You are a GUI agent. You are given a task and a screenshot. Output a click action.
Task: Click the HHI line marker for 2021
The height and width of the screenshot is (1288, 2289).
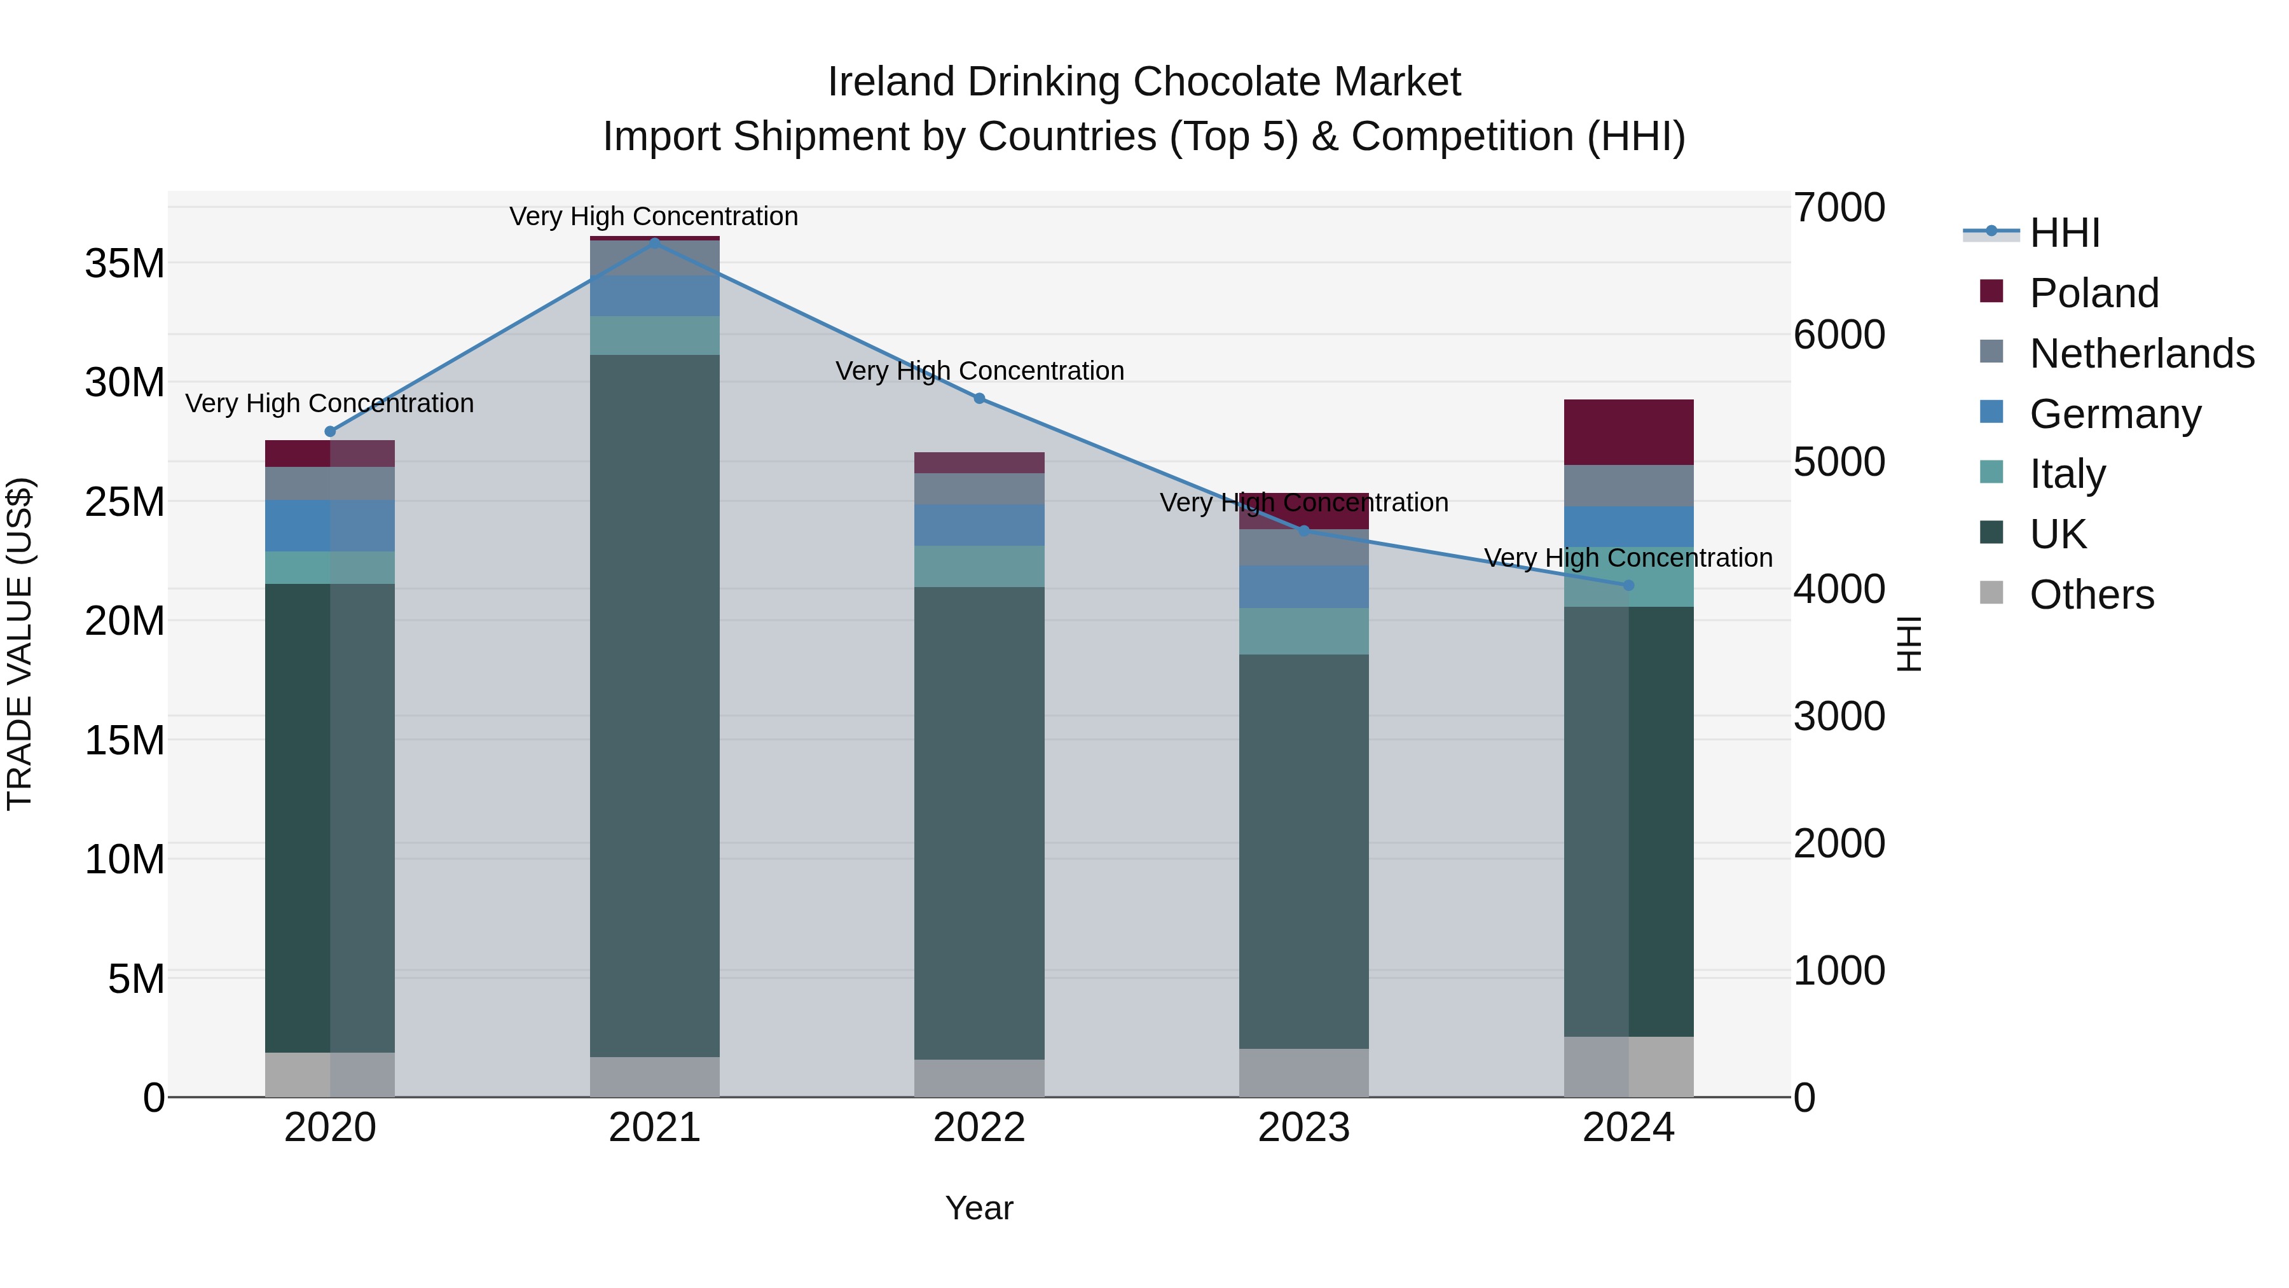pyautogui.click(x=655, y=242)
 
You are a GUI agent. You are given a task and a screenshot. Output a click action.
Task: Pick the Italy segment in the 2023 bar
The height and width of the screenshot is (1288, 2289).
pyautogui.click(x=1303, y=631)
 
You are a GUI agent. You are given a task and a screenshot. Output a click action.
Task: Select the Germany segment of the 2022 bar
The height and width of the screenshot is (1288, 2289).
pyautogui.click(x=979, y=525)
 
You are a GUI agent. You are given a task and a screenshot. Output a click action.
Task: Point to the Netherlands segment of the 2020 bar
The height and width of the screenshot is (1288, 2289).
pyautogui.click(x=329, y=483)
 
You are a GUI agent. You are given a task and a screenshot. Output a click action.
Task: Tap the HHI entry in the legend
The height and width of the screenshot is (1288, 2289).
pyautogui.click(x=2064, y=233)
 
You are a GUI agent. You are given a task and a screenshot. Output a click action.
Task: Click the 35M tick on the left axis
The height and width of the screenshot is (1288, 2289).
pyautogui.click(x=125, y=263)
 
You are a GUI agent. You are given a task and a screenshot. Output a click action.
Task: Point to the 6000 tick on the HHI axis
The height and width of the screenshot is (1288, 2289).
pyautogui.click(x=1838, y=335)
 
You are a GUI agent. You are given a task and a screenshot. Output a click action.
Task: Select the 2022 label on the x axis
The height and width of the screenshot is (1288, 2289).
pyautogui.click(x=979, y=1128)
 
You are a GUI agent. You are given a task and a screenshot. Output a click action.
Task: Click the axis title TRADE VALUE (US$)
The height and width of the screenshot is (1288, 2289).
pyautogui.click(x=20, y=644)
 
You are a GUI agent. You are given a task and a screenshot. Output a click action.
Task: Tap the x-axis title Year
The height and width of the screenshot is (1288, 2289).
pyautogui.click(x=979, y=1208)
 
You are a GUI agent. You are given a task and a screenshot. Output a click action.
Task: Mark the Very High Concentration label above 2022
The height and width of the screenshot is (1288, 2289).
pyautogui.click(x=979, y=371)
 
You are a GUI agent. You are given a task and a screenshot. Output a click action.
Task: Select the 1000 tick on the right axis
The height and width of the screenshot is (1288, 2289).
pyautogui.click(x=1838, y=971)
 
